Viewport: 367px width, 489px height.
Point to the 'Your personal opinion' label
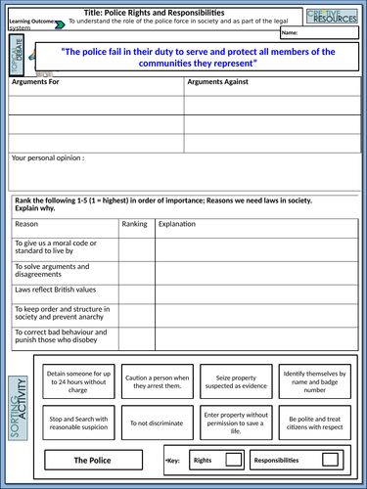(47, 156)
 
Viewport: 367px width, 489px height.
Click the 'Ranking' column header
(134, 224)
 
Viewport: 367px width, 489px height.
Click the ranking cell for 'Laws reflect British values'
(136, 292)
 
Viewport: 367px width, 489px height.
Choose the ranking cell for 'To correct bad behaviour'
(136, 338)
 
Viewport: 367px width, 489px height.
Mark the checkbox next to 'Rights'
(234, 459)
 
